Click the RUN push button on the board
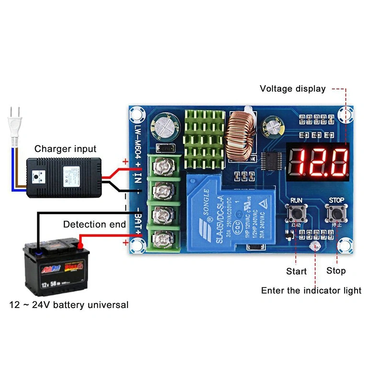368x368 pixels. [x=296, y=212]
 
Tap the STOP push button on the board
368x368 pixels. [x=336, y=212]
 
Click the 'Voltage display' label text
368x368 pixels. [x=292, y=89]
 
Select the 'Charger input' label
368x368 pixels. [x=65, y=149]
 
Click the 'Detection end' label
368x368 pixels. [x=94, y=224]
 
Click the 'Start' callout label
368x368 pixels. [x=296, y=271]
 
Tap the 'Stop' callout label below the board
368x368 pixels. [x=336, y=271]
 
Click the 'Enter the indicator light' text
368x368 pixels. [x=311, y=290]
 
